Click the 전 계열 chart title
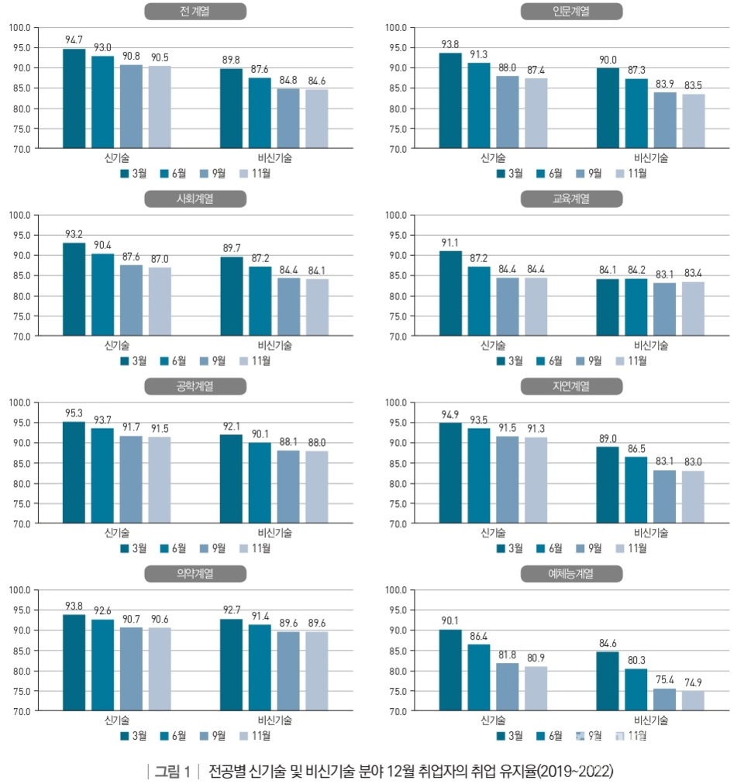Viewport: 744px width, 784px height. coord(195,11)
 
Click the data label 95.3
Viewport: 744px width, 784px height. coord(74,412)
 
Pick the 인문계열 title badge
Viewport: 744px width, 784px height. coord(572,11)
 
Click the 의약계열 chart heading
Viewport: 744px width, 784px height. coord(195,574)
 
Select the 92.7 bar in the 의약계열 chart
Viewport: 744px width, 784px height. coord(231,664)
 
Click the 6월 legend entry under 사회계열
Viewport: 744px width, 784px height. coord(174,361)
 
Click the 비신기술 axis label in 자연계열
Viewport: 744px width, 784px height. coord(651,533)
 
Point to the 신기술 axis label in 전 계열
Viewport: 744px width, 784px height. coord(117,157)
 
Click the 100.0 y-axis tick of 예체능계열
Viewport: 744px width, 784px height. coord(396,590)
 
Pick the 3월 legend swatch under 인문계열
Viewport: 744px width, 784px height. coord(501,173)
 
